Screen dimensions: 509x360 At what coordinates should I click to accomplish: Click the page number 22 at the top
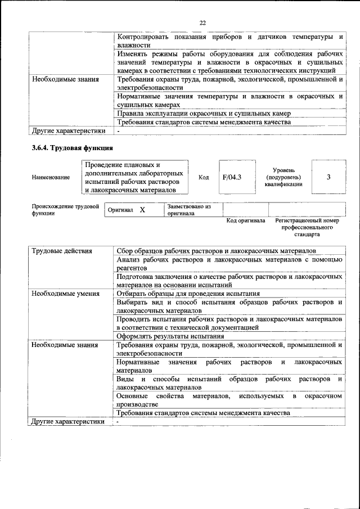pyautogui.click(x=202, y=23)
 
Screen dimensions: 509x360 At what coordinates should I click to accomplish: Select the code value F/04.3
pyautogui.click(x=232, y=177)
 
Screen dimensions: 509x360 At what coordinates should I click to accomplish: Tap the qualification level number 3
pyautogui.click(x=328, y=177)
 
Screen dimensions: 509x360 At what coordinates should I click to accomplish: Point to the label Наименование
pyautogui.click(x=51, y=178)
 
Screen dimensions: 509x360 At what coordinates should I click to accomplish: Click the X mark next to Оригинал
pyautogui.click(x=142, y=210)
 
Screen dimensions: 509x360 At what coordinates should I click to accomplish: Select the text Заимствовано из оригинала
pyautogui.click(x=189, y=210)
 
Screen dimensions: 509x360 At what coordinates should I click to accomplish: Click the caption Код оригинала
pyautogui.click(x=245, y=221)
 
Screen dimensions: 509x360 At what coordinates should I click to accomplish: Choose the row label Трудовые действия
pyautogui.click(x=62, y=251)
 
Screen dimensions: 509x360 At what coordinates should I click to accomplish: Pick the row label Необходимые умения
pyautogui.click(x=66, y=293)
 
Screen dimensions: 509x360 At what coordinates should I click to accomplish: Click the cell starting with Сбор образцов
pyautogui.click(x=216, y=251)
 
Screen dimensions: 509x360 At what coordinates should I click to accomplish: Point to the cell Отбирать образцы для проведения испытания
pyautogui.click(x=188, y=293)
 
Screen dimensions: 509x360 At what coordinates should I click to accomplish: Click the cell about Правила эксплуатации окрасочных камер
pyautogui.click(x=203, y=113)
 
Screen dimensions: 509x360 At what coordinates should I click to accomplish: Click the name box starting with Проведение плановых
pyautogui.click(x=134, y=177)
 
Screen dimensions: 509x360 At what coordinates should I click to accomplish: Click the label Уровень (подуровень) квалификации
pyautogui.click(x=287, y=177)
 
